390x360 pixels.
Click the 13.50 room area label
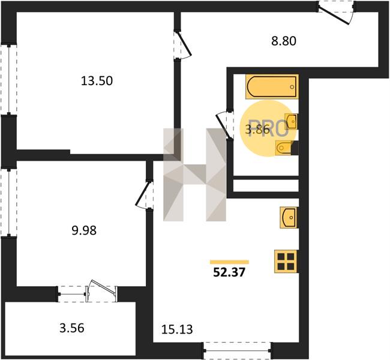(x=97, y=81)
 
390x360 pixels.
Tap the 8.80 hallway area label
(x=284, y=41)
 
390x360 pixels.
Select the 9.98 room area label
(x=84, y=230)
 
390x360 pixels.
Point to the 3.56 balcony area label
(x=72, y=328)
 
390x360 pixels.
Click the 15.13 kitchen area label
(x=177, y=329)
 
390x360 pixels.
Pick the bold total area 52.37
(x=229, y=272)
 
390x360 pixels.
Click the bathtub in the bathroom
(x=272, y=86)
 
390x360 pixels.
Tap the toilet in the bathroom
(x=284, y=148)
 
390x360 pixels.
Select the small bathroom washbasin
(x=292, y=122)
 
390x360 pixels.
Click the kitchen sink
(x=289, y=217)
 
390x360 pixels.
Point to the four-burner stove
(x=286, y=261)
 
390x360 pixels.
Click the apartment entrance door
(x=336, y=13)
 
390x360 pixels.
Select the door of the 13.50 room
(x=183, y=45)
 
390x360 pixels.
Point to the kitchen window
(x=238, y=350)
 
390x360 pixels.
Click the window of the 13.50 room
(x=9, y=80)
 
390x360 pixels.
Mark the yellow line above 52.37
(x=229, y=262)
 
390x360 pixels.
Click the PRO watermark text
(x=269, y=128)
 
